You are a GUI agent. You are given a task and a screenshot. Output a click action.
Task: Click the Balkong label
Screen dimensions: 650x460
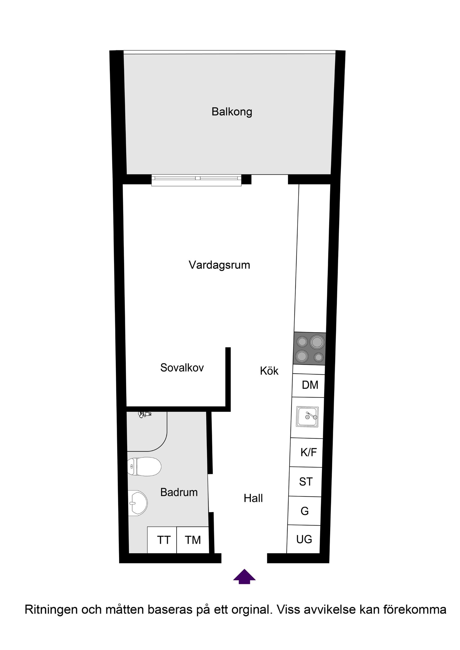click(232, 111)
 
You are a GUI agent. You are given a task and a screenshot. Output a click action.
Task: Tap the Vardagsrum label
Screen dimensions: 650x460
click(219, 265)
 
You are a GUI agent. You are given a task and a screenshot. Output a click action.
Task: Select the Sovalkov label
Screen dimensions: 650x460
click(182, 367)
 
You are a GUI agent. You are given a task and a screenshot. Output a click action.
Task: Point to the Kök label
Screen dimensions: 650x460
click(269, 371)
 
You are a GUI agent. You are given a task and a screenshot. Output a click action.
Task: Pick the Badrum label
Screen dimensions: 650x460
click(179, 492)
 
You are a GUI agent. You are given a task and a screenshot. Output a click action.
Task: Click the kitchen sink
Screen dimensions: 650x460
click(307, 417)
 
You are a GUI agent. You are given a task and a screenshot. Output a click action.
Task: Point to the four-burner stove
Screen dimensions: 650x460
click(309, 349)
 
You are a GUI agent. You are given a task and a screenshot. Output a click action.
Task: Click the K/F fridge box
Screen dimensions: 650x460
click(307, 452)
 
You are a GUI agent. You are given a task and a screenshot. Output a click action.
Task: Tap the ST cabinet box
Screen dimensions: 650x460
click(306, 481)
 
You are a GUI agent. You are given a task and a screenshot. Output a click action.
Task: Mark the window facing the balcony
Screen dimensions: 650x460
click(196, 180)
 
